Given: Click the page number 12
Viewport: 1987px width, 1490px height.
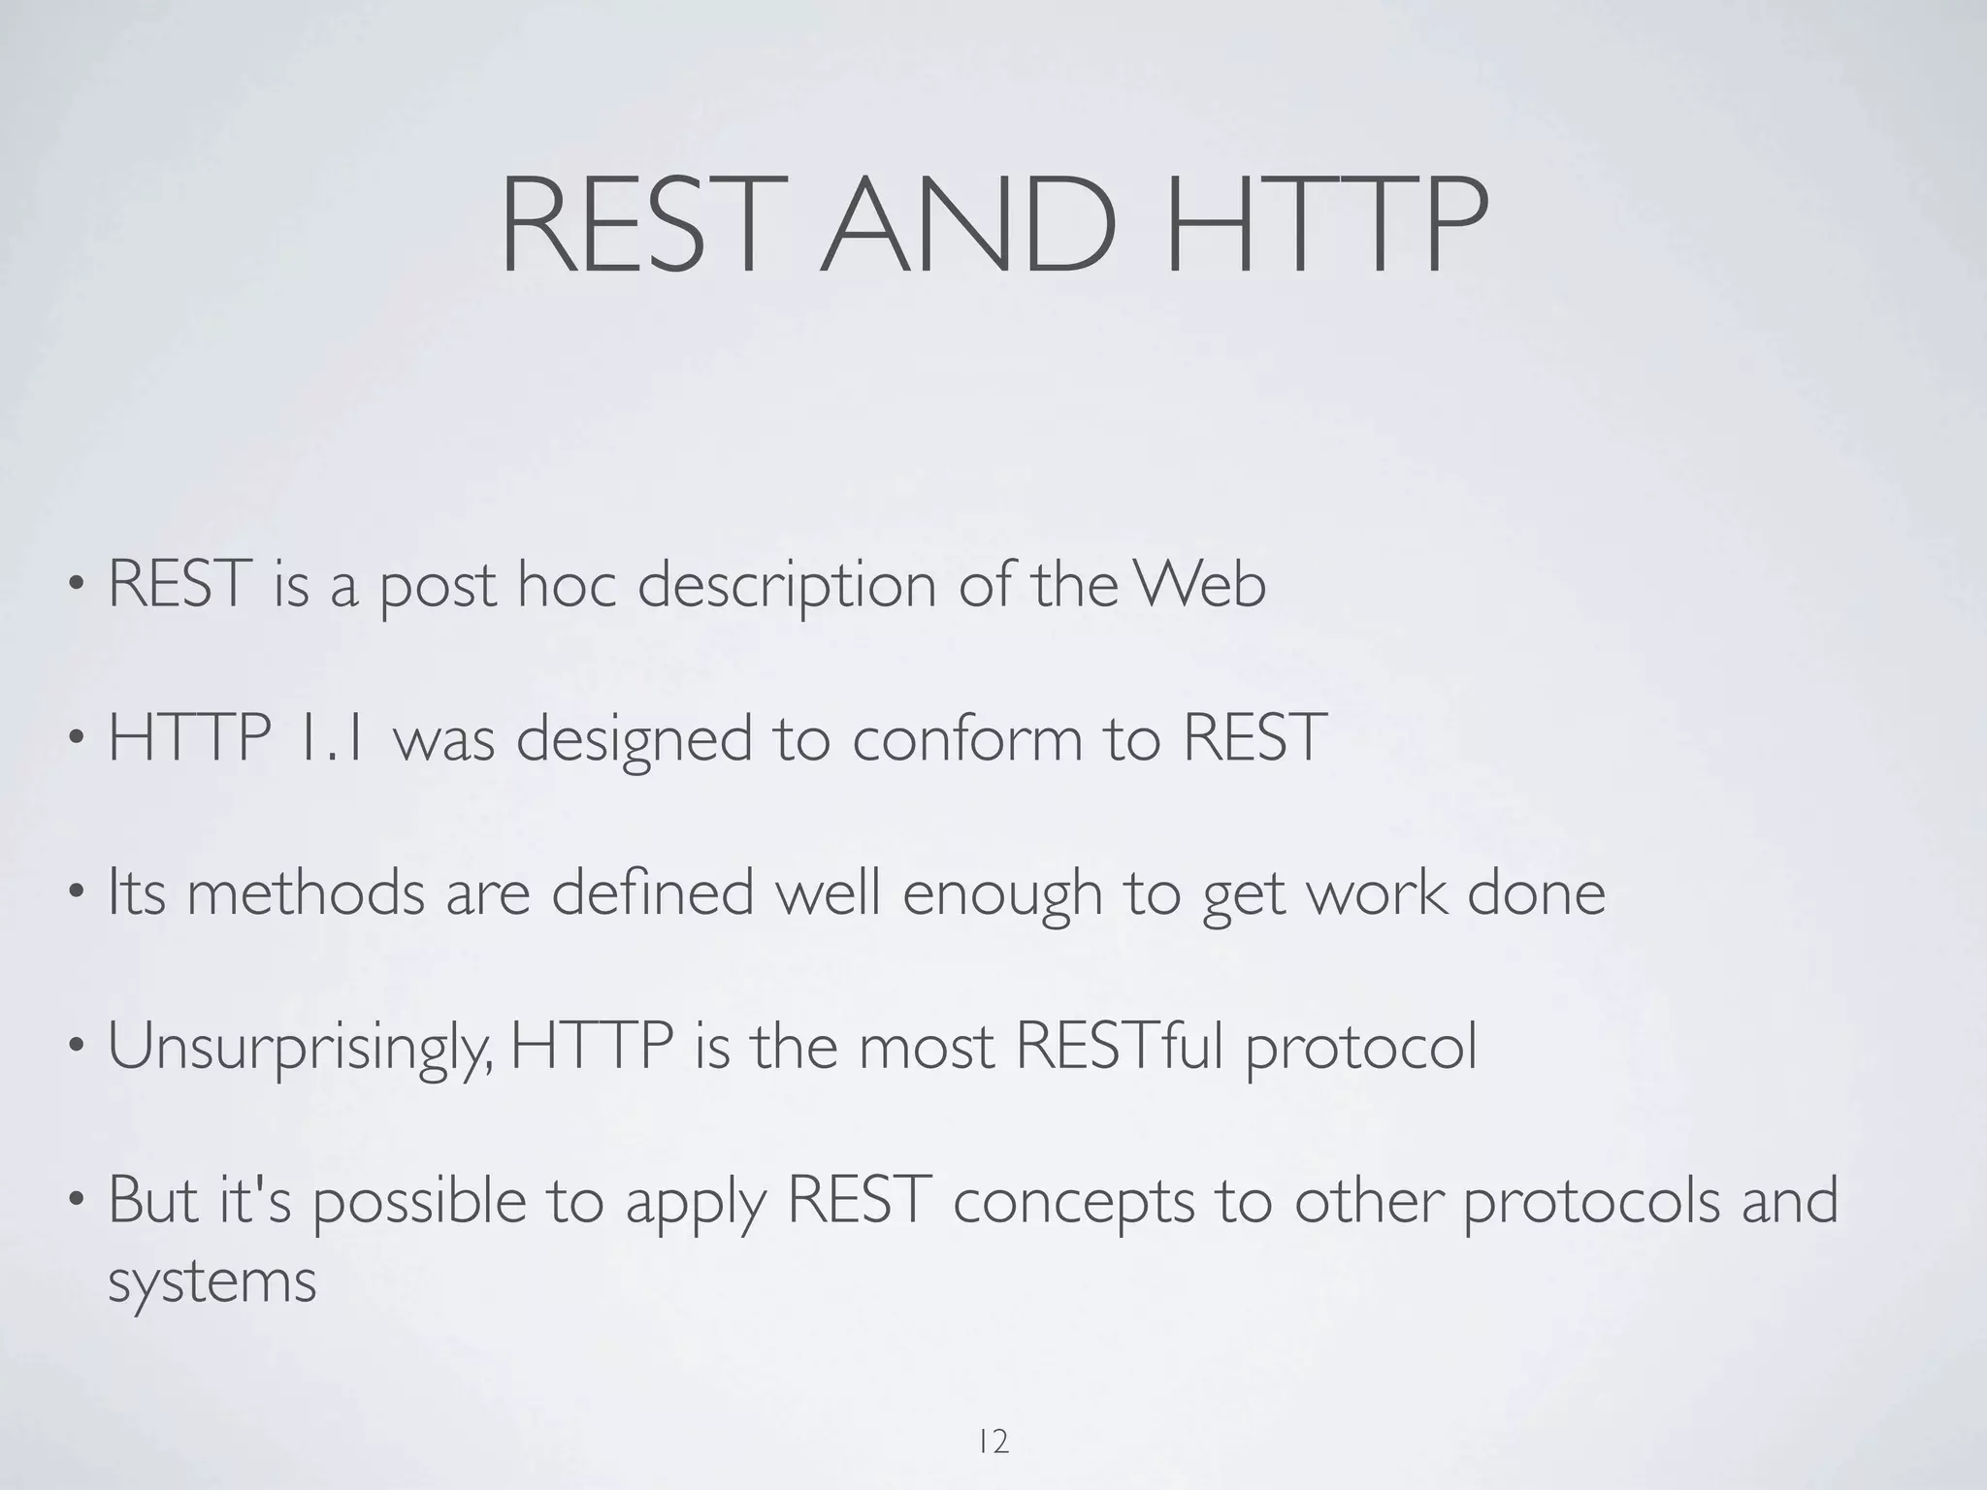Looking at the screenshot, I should (993, 1415).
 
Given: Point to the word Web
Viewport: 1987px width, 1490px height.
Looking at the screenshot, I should (1201, 585).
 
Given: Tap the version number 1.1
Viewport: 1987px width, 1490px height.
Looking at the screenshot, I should (331, 737).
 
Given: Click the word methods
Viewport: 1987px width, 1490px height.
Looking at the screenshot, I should (306, 892).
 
